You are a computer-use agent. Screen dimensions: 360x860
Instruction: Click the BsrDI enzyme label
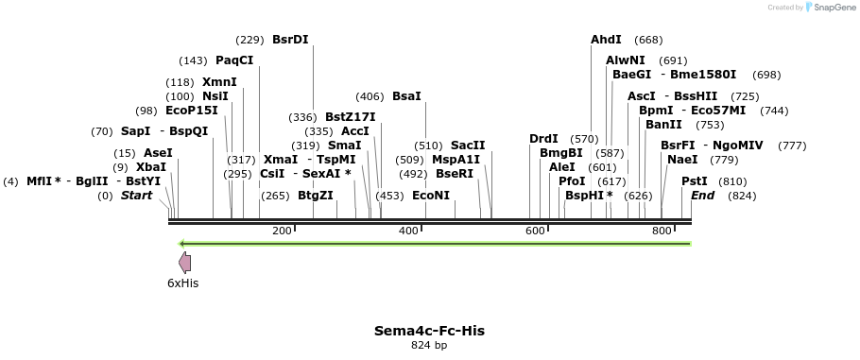[x=290, y=40]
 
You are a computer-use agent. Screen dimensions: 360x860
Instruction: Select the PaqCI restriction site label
[x=234, y=60]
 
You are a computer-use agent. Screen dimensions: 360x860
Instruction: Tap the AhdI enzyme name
[x=606, y=40]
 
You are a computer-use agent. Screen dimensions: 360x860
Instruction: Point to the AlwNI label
[x=625, y=60]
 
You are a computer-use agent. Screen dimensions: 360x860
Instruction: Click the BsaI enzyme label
[x=406, y=96]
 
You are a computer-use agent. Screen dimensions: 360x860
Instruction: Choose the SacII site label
[x=468, y=146]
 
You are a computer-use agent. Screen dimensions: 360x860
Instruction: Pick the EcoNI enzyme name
[x=431, y=196]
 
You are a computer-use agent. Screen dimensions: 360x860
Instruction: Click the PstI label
[x=695, y=181]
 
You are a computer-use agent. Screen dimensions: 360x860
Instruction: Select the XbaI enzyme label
[x=151, y=167]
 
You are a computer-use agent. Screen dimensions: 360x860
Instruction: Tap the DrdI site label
[x=543, y=139]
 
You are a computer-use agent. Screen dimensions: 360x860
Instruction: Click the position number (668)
[x=648, y=40]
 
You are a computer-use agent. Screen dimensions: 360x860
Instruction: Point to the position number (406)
[x=370, y=96]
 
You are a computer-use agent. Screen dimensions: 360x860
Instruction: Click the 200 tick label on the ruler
[x=282, y=231]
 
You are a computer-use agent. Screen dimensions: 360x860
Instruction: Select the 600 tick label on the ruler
[x=535, y=231]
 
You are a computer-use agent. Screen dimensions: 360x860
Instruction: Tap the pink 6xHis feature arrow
[x=185, y=264]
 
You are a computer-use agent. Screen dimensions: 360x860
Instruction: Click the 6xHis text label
[x=183, y=283]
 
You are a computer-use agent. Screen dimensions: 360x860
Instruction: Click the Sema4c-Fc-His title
[x=429, y=331]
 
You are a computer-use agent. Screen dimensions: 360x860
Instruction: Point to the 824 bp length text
[x=429, y=346]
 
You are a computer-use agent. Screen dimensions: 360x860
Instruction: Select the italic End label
[x=702, y=196]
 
